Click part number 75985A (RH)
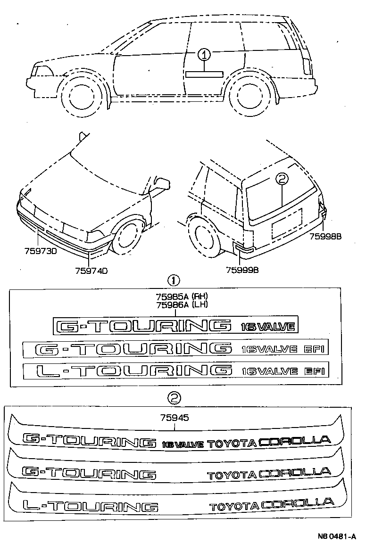(x=182, y=296)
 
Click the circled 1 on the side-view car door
(x=204, y=56)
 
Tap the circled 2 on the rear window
(x=281, y=179)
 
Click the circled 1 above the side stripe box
(x=174, y=281)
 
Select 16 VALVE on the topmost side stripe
(x=267, y=327)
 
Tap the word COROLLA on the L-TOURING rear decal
(x=298, y=504)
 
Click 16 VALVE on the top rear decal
(x=183, y=444)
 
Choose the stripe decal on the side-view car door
(x=204, y=74)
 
